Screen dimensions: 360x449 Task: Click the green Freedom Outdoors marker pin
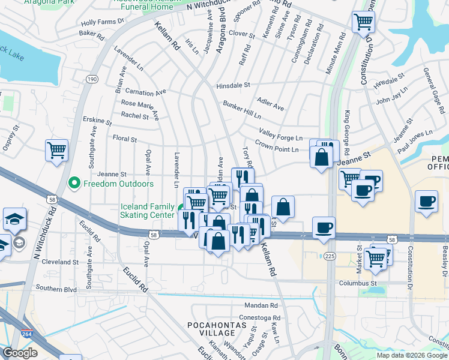pyautogui.click(x=74, y=182)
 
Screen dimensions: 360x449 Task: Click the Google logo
pyautogui.click(x=20, y=353)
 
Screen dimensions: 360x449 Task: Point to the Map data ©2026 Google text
pyautogui.click(x=411, y=355)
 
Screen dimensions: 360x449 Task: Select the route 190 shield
pyautogui.click(x=92, y=79)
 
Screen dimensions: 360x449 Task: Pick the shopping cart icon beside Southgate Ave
pyautogui.click(x=56, y=151)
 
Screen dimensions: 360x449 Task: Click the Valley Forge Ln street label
pyautogui.click(x=280, y=134)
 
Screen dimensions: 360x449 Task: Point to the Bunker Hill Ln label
pyautogui.click(x=241, y=110)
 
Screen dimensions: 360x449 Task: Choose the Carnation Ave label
pyautogui.click(x=145, y=93)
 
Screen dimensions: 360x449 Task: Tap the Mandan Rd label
pyautogui.click(x=265, y=306)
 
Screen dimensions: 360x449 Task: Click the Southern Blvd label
pyautogui.click(x=56, y=288)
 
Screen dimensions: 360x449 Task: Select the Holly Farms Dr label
pyautogui.click(x=101, y=22)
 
